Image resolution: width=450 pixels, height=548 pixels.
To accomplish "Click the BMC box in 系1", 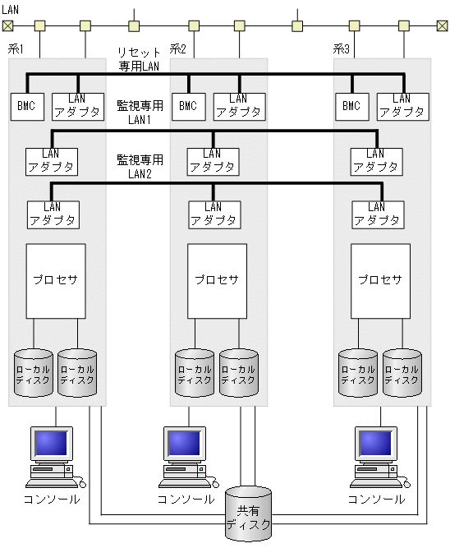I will point(26,105).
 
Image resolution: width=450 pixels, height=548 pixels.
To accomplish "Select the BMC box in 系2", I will point(188,105).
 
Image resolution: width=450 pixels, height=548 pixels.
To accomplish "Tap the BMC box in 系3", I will point(351,105).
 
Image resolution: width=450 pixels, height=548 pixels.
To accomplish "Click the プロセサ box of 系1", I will point(56,279).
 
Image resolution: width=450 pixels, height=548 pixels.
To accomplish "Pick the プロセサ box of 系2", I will point(217,279).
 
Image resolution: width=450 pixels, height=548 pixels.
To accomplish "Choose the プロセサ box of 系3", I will point(380,279).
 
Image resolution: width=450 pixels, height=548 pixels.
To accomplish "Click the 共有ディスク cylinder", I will point(248,516).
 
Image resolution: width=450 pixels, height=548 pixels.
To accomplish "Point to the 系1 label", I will point(16,50).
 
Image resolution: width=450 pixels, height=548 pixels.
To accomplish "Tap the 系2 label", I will point(178,50).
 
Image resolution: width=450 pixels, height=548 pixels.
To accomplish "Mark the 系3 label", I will point(342,50).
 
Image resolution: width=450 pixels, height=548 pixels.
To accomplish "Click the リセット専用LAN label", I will point(139,59).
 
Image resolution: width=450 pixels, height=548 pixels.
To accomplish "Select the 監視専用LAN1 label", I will point(140,113).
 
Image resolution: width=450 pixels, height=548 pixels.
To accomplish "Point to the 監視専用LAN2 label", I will point(140,166).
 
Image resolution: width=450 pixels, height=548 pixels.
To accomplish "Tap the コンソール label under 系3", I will point(376,499).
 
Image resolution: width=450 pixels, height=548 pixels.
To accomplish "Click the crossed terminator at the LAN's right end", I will point(443,25).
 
